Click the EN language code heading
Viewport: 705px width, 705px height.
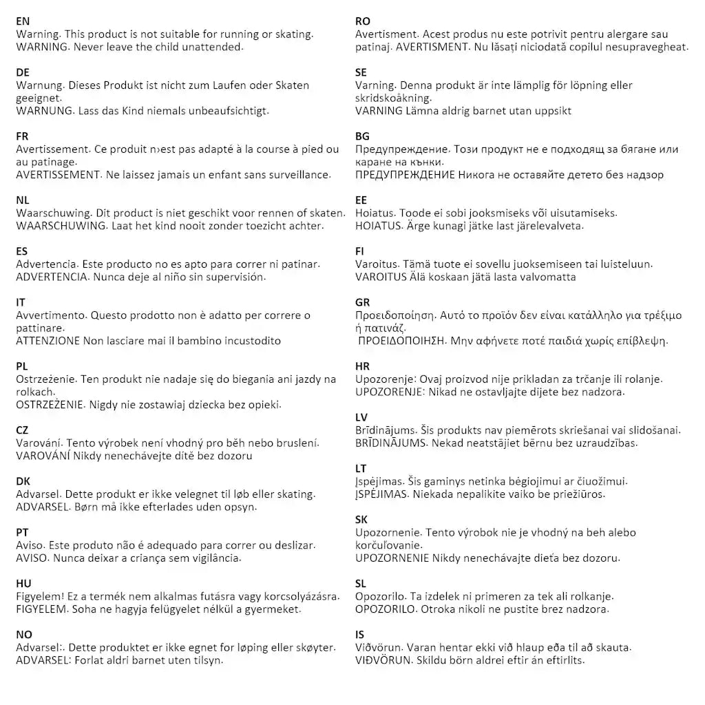pos(23,21)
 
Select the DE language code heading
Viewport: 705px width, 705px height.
pos(23,72)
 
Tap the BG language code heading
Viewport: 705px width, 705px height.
pos(363,136)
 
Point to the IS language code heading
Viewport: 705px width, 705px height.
pos(360,634)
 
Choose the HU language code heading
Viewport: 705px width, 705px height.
pos(23,583)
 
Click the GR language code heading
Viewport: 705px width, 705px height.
pos(363,302)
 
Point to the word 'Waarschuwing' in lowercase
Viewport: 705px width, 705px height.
pos(52,213)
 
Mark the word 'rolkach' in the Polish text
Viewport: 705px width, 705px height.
pos(34,392)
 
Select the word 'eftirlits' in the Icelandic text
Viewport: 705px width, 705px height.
pos(562,660)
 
